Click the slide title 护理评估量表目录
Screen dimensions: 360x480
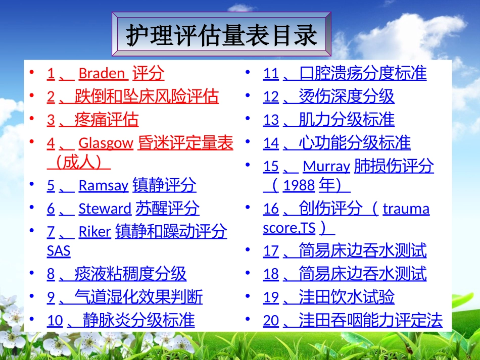[222, 36]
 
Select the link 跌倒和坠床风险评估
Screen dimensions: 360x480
[147, 96]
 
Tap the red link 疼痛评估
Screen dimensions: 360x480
[106, 120]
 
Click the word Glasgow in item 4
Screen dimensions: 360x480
[106, 143]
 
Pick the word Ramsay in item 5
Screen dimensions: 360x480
[103, 186]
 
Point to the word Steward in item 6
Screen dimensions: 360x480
[105, 209]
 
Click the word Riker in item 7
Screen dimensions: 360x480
[94, 232]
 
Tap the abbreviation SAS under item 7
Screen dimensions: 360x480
[59, 250]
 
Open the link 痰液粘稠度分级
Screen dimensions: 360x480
[130, 274]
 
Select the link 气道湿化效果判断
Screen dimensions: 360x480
[138, 297]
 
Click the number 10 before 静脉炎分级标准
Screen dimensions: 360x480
[55, 321]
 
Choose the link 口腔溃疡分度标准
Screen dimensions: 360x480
[362, 74]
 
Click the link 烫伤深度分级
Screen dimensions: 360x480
[346, 96]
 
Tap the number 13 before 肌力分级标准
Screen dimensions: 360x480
[271, 120]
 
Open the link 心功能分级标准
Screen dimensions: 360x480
[354, 143]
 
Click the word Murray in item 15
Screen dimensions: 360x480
[326, 167]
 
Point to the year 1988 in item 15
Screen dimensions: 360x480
[299, 186]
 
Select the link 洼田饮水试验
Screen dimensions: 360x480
[346, 297]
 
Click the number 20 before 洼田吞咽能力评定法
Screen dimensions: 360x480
[271, 321]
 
